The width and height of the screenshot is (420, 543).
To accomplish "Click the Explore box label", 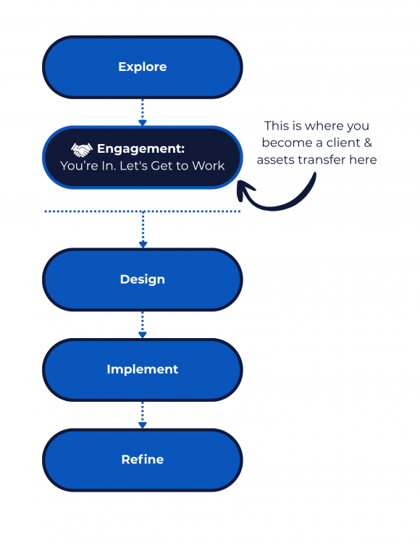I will click(142, 67).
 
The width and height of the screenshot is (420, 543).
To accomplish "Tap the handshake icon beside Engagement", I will click(82, 148).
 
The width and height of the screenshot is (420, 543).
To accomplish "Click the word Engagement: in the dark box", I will click(141, 148).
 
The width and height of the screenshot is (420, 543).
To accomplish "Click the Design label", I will click(142, 279).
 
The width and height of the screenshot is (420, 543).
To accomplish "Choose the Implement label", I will click(142, 369).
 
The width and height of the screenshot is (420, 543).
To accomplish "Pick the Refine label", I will click(142, 459).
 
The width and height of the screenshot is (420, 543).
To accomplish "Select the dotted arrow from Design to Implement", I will click(143, 324).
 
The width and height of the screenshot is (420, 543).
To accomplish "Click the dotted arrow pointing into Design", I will click(143, 230).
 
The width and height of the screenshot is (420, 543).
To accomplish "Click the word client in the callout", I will click(342, 143).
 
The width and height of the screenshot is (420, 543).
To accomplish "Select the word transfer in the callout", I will click(322, 160).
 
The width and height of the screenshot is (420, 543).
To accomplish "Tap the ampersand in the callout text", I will click(369, 143).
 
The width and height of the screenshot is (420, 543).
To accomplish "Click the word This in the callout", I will click(278, 125).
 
